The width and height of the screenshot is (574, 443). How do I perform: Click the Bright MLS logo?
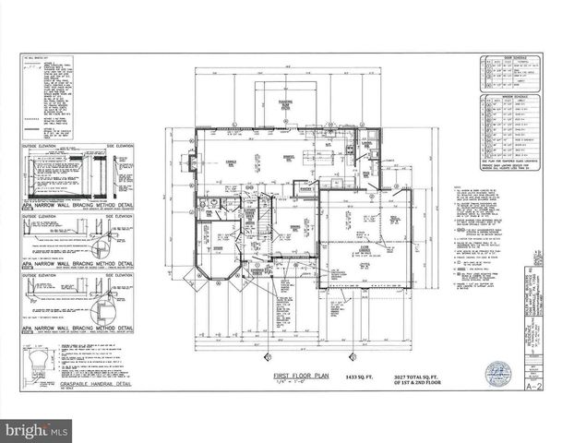[37, 430]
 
